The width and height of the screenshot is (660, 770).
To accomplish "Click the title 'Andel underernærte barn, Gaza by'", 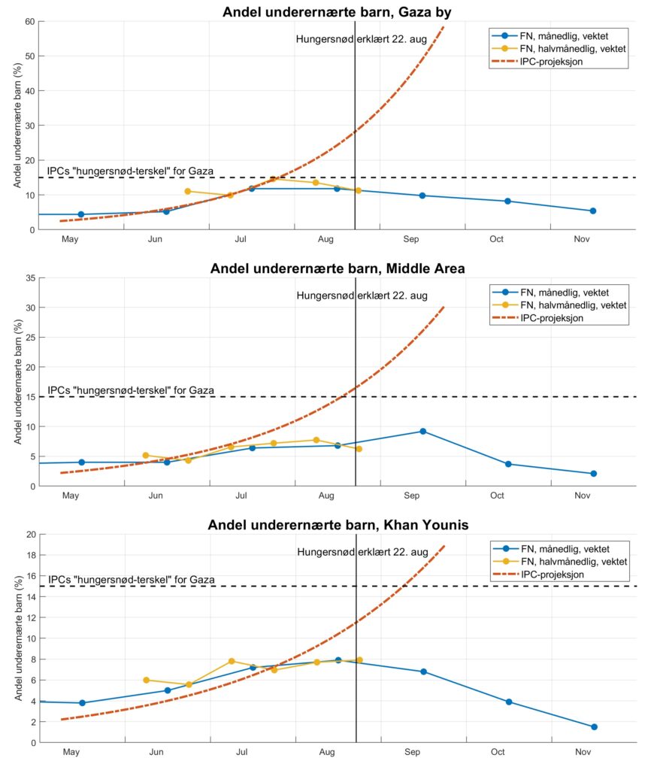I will [338, 12].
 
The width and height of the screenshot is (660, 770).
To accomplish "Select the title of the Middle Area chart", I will [338, 268].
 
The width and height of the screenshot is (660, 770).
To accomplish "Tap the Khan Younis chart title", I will [338, 525].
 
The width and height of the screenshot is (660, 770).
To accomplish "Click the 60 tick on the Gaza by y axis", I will [29, 21].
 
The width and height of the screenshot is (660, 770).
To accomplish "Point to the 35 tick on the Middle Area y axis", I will [29, 278].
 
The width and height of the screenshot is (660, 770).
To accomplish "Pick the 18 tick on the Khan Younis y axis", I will [29, 556].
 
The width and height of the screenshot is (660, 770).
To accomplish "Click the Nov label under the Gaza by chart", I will [583, 239].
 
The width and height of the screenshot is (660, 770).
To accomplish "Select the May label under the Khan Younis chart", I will [71, 752].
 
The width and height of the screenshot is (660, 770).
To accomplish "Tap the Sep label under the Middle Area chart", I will [412, 496].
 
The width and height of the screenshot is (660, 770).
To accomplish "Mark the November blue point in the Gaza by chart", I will [592, 211].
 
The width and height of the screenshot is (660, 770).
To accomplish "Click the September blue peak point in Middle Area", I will [423, 431].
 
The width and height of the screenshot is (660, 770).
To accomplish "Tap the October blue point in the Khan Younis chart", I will [509, 702].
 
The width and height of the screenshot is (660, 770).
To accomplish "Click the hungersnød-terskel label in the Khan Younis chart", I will [132, 580].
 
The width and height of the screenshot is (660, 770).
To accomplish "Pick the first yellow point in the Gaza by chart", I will [188, 191].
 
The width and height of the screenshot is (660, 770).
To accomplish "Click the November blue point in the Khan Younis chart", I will [594, 726].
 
